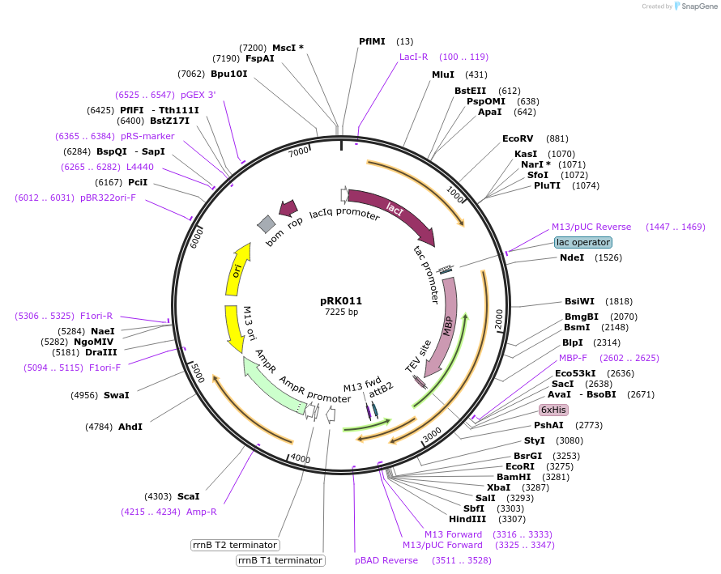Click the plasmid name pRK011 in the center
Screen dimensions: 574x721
[341, 300]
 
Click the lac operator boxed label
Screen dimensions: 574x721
[582, 242]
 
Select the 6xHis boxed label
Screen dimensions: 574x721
[554, 410]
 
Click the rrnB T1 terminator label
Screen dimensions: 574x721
[280, 560]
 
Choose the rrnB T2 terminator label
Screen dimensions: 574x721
[235, 545]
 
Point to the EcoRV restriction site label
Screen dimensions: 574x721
[518, 138]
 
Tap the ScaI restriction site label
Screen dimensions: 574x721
[188, 495]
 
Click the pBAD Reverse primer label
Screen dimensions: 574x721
[386, 559]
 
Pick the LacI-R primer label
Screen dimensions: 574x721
[413, 57]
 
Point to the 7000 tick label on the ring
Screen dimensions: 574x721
[299, 151]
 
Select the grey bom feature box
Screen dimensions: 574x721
[267, 224]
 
